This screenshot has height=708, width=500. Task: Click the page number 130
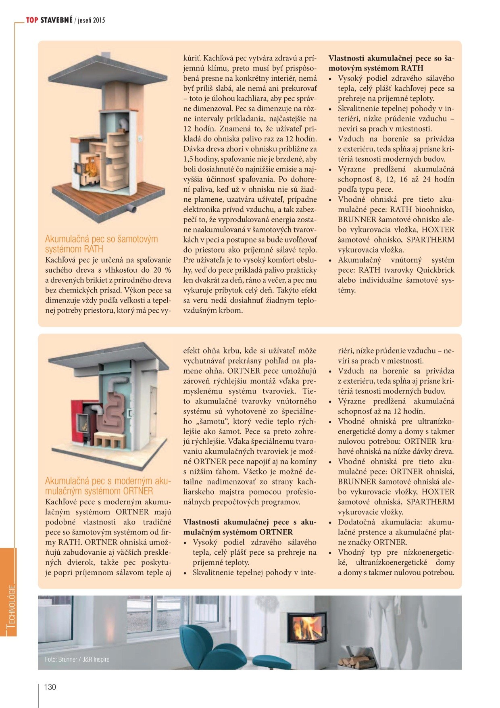click(x=50, y=687)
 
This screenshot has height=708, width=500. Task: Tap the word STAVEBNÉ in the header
click(x=56, y=20)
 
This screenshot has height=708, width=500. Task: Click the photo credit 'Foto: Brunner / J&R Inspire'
click(x=77, y=659)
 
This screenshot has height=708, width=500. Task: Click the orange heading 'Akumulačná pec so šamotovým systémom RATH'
click(x=102, y=244)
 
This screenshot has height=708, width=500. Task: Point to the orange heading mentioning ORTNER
click(x=108, y=486)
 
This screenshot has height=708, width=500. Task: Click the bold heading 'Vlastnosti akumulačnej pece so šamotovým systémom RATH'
click(x=391, y=63)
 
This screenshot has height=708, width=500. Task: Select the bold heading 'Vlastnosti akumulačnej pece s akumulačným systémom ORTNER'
click(x=250, y=527)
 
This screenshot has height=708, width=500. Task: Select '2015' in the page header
click(x=99, y=20)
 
